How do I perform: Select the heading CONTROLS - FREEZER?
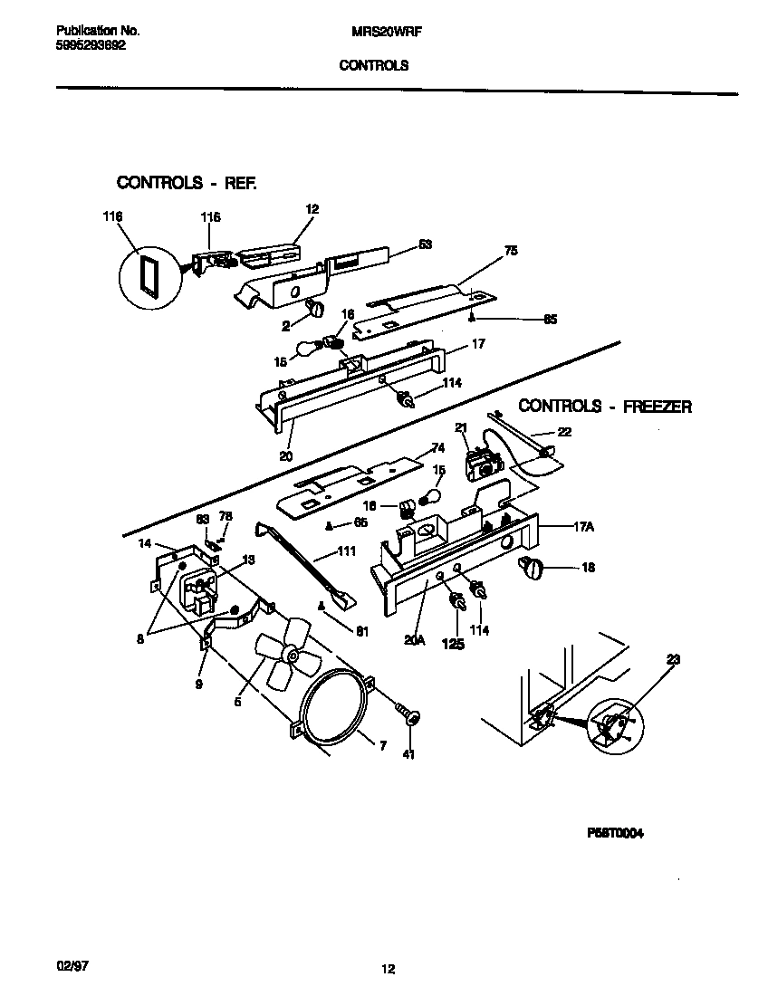click(x=604, y=407)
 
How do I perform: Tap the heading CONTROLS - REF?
click(x=187, y=183)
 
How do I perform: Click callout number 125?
click(x=453, y=644)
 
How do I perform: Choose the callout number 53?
click(x=425, y=244)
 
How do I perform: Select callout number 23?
click(x=671, y=661)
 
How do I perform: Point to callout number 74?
click(x=437, y=447)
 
